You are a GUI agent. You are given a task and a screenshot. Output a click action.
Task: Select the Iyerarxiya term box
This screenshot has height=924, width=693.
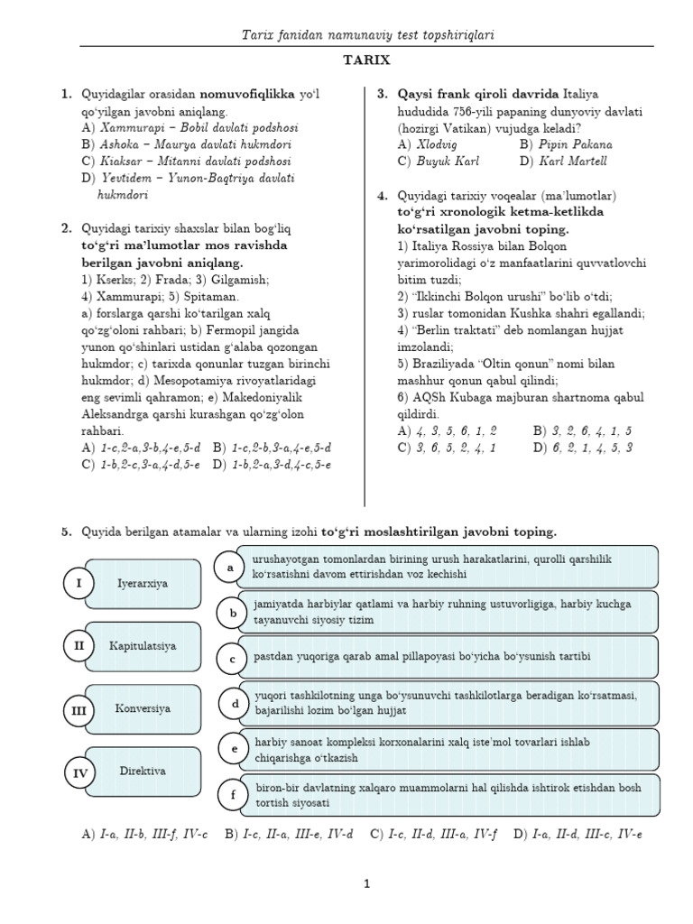(x=143, y=584)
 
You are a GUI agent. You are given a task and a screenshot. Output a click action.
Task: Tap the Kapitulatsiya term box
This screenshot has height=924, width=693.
(x=143, y=646)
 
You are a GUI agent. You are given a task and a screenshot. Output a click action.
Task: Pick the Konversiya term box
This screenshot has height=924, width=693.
(x=143, y=709)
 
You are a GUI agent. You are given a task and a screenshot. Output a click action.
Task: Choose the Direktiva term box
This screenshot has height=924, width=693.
(x=143, y=772)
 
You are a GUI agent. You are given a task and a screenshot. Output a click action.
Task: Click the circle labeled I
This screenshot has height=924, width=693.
(x=79, y=584)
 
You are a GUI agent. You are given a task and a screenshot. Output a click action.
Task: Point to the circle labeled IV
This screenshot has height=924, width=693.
(x=79, y=773)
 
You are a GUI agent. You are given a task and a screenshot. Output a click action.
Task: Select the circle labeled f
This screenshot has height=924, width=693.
(x=233, y=795)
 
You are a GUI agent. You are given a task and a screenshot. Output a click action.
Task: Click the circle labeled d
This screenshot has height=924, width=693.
(x=235, y=704)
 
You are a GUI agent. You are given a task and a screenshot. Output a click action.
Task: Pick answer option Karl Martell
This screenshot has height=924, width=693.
(x=573, y=161)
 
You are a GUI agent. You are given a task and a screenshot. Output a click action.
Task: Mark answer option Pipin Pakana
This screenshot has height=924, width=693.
(x=577, y=143)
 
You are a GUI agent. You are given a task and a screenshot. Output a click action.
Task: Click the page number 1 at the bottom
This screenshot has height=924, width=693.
(x=367, y=885)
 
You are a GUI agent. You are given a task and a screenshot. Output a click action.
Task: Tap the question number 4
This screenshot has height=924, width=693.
(x=383, y=195)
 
